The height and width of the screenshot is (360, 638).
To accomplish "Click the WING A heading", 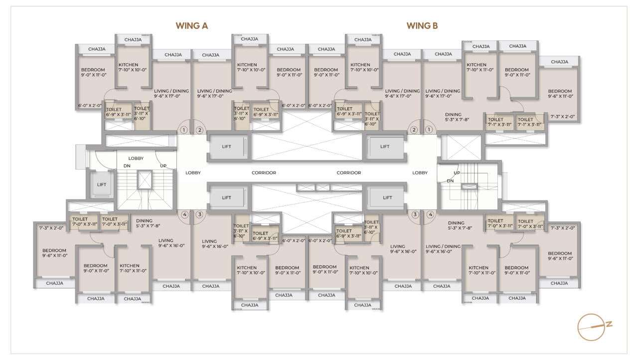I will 191,26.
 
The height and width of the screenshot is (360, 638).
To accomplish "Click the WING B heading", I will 422,26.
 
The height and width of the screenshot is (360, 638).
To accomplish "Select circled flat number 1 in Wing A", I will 184,131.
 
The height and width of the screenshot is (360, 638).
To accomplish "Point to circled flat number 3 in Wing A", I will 200,215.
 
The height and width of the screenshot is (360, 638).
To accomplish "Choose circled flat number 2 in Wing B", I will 413,131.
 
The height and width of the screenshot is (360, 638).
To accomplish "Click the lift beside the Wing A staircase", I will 102,184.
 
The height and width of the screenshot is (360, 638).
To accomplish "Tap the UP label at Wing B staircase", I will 457,173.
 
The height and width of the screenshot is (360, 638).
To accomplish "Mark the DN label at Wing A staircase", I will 127,166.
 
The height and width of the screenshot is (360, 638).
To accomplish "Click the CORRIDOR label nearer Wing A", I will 264,173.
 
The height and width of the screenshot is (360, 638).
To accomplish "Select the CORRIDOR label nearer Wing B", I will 348,173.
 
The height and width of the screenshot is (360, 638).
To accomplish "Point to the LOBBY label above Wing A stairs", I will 136,159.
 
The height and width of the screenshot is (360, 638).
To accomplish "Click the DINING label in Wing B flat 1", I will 453,115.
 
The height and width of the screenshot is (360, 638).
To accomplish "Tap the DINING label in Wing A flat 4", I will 144,221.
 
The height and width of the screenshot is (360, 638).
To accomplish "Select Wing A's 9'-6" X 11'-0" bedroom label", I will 54,253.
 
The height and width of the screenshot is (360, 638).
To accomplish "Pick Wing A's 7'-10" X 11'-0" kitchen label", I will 133,268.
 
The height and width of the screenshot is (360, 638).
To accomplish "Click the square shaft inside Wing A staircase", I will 145,180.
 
